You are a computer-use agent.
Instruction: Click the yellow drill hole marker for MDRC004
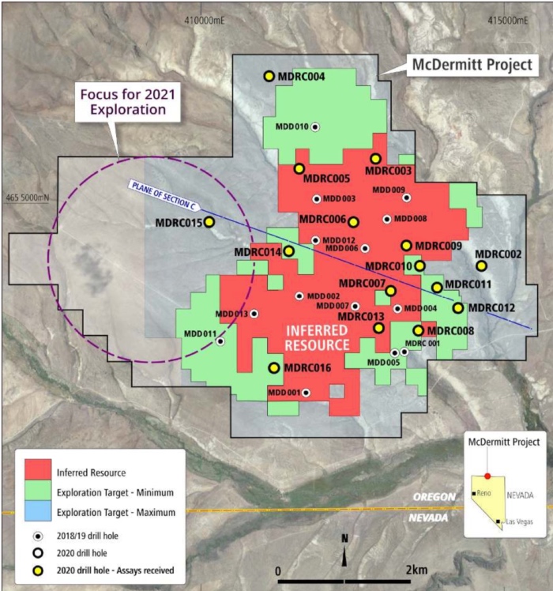tap(269, 76)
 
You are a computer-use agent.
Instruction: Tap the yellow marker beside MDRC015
tap(209, 223)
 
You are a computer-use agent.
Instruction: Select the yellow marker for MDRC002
tap(481, 265)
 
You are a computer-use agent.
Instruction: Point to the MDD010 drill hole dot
tap(315, 126)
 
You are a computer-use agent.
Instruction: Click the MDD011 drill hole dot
tap(220, 341)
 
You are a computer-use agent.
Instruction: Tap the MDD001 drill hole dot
tap(306, 393)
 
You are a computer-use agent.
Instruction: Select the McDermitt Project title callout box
tap(472, 66)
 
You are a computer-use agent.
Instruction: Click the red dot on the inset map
tap(487, 476)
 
